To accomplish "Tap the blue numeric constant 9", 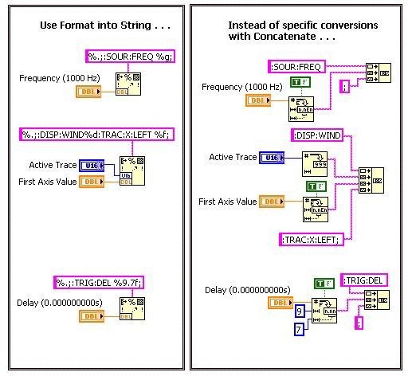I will tap(299, 311).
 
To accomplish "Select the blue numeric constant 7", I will tap(299, 329).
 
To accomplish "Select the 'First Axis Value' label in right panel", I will tap(227, 202).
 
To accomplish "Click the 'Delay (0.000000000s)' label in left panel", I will tap(57, 303).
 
